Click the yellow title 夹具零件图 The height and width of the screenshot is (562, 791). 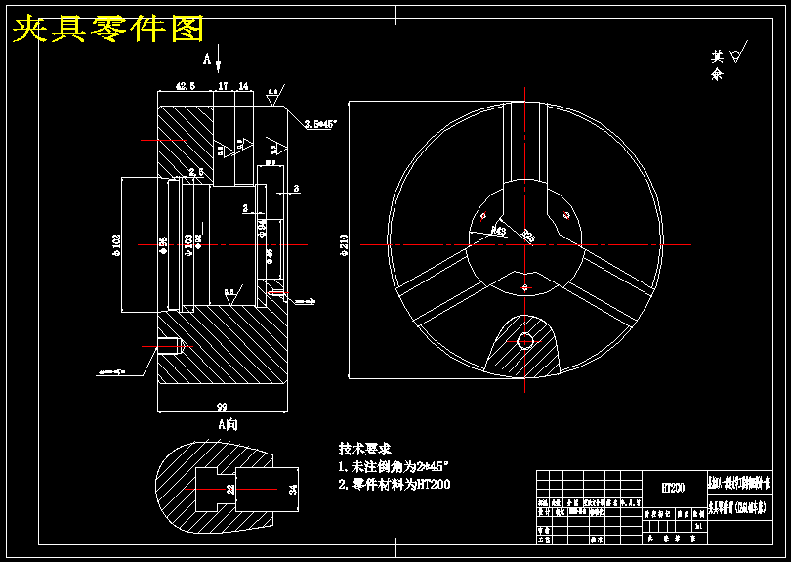point(107,28)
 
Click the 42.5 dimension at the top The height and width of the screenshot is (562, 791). point(186,86)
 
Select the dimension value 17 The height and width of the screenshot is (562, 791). point(223,86)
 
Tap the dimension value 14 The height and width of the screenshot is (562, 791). point(243,86)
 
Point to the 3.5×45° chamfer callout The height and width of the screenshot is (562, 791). point(319,124)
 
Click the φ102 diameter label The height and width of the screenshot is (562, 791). point(116,243)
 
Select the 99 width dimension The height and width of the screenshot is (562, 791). point(222,405)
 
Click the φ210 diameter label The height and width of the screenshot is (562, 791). point(343,243)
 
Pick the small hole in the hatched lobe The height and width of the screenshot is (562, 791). point(525,340)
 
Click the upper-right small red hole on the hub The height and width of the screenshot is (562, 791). point(567,215)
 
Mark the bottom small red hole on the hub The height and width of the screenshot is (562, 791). point(525,286)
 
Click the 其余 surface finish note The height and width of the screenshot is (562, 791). point(718,65)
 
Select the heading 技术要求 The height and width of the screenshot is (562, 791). point(365,448)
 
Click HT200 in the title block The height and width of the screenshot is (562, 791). point(672,487)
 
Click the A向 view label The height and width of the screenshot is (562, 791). point(227,424)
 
